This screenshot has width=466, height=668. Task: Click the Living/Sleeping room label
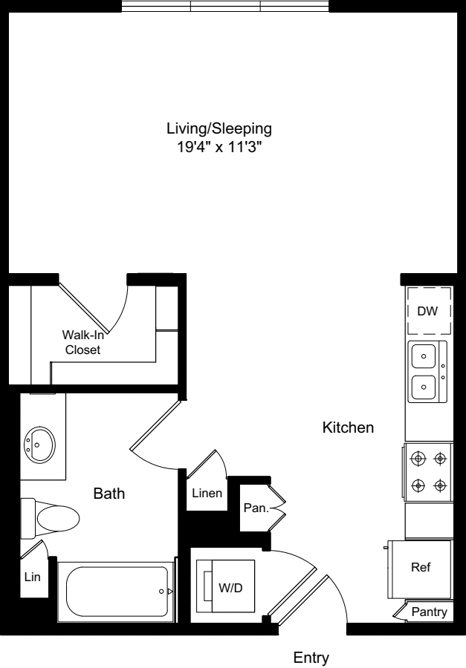click(219, 128)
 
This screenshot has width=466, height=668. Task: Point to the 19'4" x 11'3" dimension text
click(219, 148)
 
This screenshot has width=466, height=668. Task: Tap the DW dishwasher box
click(429, 311)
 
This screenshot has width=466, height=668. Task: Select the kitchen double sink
click(427, 372)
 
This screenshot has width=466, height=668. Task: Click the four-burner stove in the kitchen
click(428, 472)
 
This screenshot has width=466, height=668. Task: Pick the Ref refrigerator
click(420, 569)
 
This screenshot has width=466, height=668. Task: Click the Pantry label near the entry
click(429, 612)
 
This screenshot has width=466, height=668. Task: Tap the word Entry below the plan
click(311, 658)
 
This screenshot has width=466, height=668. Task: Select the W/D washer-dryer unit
click(226, 586)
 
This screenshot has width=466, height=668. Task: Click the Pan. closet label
click(256, 508)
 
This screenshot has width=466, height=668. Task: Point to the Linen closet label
click(207, 494)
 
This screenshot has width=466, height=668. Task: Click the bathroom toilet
click(51, 519)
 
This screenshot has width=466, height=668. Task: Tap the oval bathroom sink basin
click(39, 444)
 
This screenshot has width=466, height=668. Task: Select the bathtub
click(116, 592)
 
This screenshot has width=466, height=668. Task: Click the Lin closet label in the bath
click(32, 577)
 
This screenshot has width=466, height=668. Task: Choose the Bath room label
click(109, 494)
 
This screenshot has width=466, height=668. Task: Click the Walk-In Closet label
click(82, 342)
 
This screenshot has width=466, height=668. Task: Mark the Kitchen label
click(348, 428)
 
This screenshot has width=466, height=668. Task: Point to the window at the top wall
click(225, 6)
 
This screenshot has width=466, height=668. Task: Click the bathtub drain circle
click(161, 592)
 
